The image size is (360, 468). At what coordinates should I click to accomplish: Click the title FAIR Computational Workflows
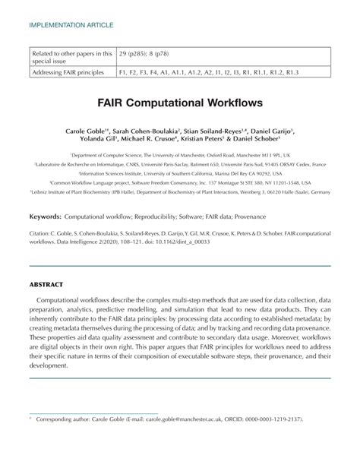tap(179, 100)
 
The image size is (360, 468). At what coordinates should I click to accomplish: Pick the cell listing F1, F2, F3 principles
tap(210, 72)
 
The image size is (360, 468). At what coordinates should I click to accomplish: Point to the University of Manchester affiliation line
tap(179, 154)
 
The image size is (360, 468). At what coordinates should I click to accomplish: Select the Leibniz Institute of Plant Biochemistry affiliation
tap(179, 192)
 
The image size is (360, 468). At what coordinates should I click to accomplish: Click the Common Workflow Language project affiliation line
tap(179, 183)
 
